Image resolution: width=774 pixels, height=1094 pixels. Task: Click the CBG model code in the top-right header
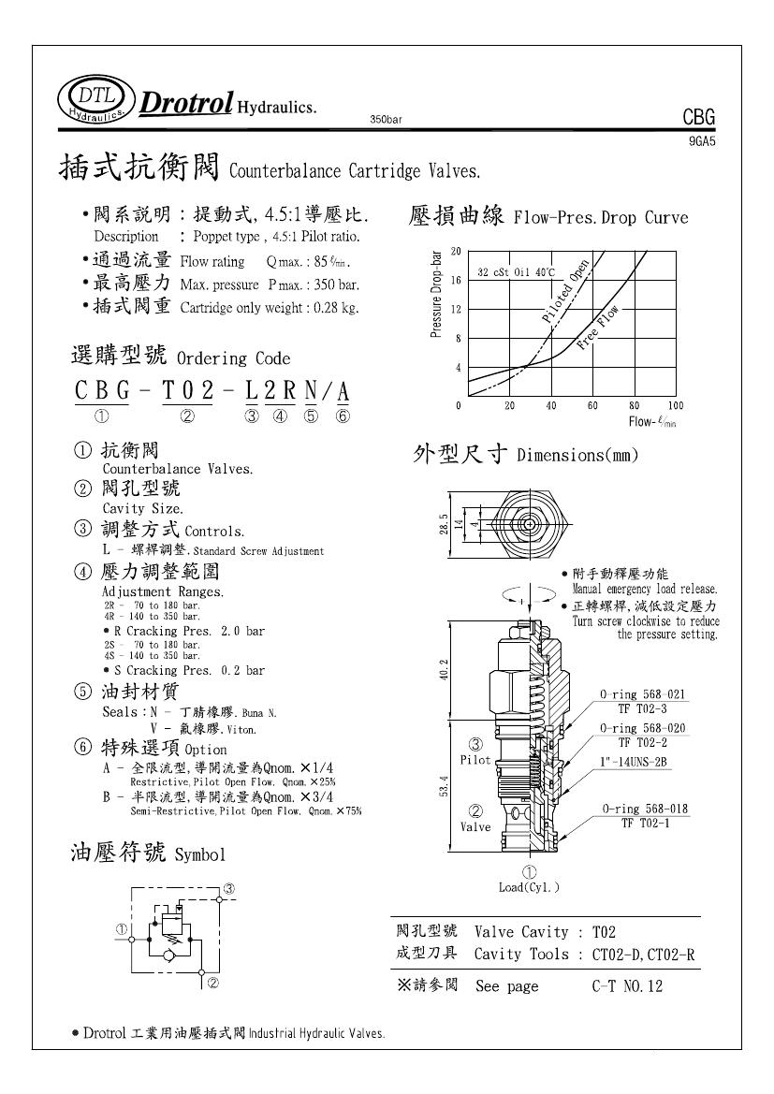tap(698, 118)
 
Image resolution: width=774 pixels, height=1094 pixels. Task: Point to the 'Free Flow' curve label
tap(598, 328)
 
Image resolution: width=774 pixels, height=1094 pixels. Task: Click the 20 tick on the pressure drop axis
tap(456, 252)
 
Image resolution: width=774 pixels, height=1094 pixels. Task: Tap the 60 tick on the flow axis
tap(592, 405)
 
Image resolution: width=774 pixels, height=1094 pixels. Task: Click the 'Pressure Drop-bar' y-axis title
tap(436, 295)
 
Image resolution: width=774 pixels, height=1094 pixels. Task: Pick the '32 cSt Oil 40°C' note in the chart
tap(517, 272)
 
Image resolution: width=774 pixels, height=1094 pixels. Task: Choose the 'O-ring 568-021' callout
tap(644, 694)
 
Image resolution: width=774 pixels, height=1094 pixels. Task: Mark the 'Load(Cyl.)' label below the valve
tap(530, 887)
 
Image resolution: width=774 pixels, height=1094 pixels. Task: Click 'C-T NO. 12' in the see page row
tap(627, 986)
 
